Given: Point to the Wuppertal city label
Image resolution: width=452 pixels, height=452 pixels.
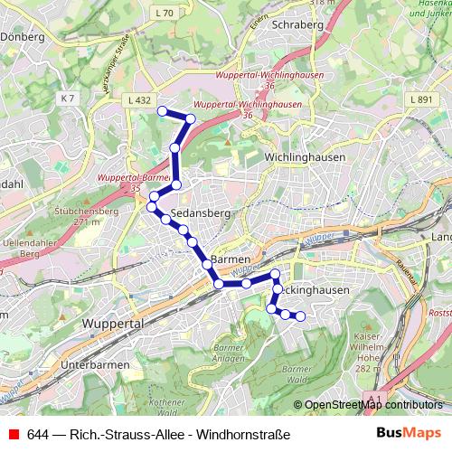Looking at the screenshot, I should (x=114, y=323).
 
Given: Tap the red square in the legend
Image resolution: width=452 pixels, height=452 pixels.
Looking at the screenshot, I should (x=13, y=434).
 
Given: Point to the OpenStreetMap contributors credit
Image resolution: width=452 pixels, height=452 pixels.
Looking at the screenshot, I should (x=373, y=405).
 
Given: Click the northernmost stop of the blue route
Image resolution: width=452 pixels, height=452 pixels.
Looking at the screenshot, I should (x=163, y=111).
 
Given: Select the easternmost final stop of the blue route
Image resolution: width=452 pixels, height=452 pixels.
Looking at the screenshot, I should (x=300, y=316).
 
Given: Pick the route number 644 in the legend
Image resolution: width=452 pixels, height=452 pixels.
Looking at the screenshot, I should (x=37, y=434).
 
